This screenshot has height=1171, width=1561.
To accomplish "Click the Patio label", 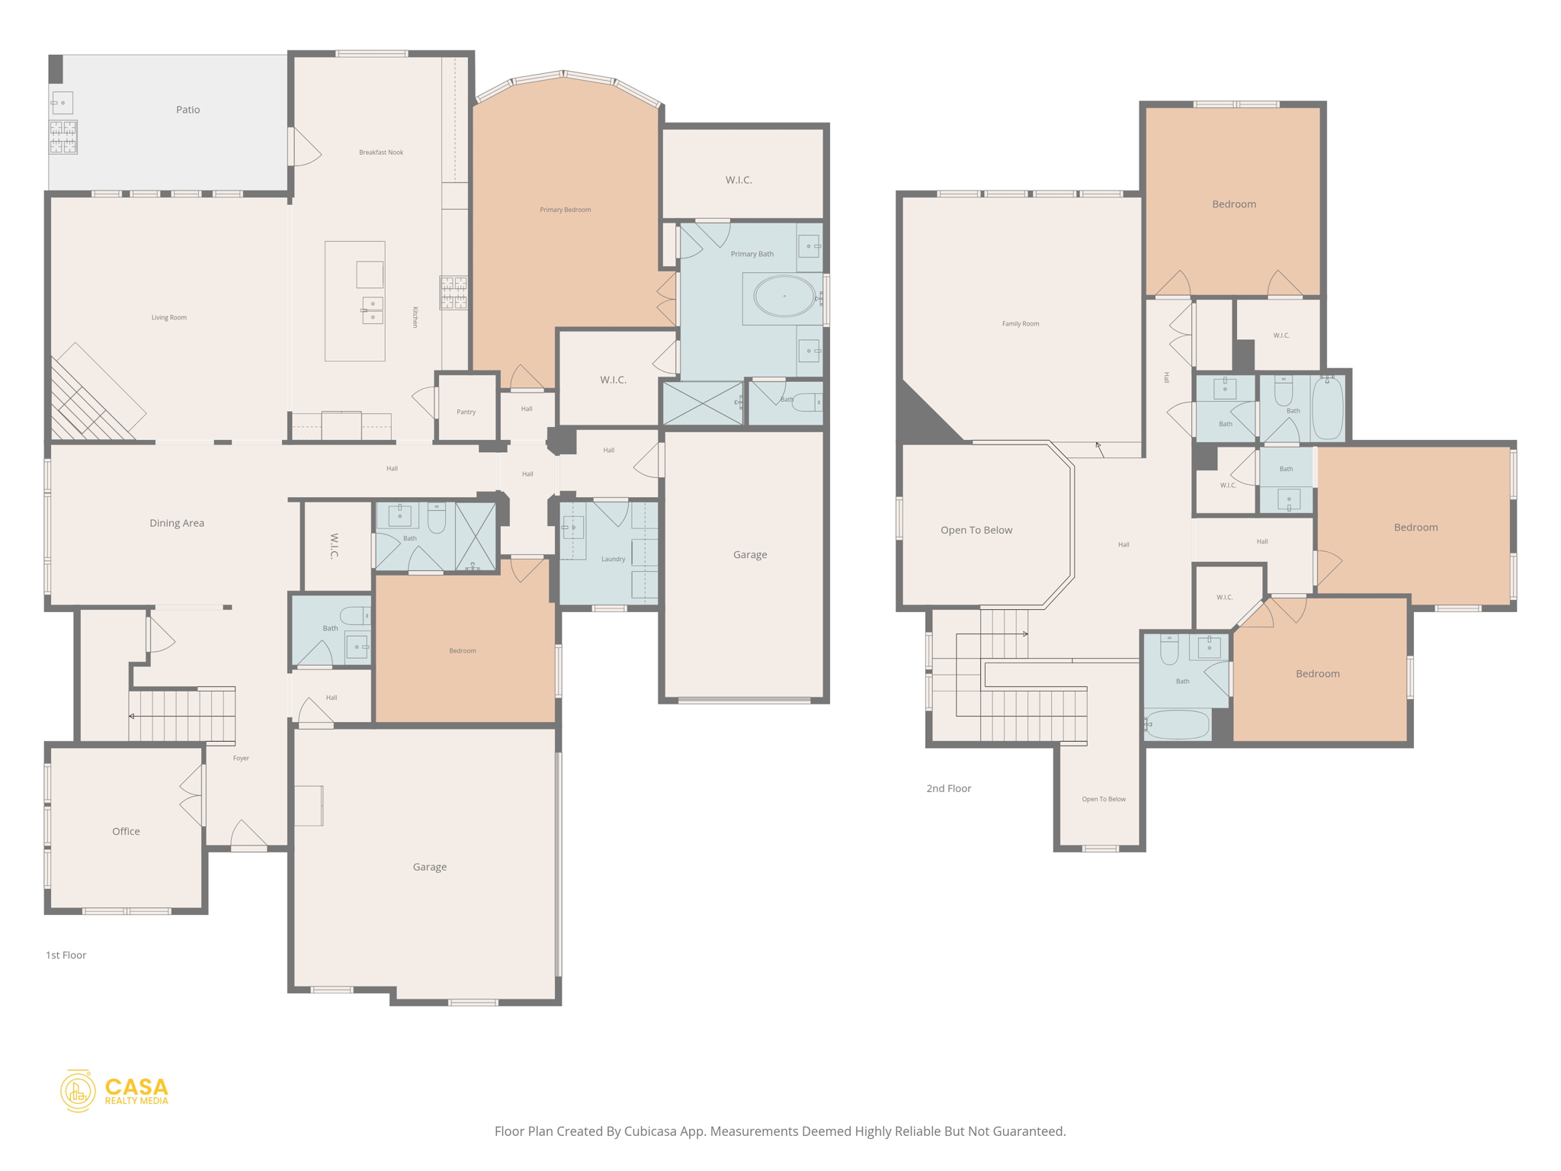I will tap(188, 110).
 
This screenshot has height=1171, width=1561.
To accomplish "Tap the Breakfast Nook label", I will tap(381, 152).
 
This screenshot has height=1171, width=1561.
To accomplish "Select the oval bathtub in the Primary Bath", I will tap(784, 296).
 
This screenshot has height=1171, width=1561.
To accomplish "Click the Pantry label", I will tap(466, 412).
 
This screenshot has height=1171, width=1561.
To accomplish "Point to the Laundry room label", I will tap(613, 559).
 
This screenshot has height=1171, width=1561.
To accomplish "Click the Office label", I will tap(126, 831).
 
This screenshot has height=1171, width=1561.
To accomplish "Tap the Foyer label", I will tap(241, 758).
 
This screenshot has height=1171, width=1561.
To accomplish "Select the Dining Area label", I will tap(177, 523).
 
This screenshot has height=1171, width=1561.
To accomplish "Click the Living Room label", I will tap(168, 317).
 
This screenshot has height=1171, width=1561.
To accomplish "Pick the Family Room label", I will tap(1020, 323).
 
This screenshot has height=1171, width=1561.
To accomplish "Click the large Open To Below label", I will tap(976, 530).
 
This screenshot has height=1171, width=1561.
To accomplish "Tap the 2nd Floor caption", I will tap(948, 788).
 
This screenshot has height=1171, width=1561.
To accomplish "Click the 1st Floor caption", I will tap(66, 955).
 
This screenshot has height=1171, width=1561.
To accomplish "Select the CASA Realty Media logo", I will tap(114, 1091).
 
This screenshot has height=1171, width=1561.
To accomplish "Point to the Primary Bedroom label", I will tap(565, 210).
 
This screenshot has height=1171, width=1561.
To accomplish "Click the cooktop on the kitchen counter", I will tap(454, 293).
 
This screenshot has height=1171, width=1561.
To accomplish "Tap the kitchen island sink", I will tap(372, 311).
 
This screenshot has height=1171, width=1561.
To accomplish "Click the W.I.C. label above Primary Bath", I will tap(738, 180).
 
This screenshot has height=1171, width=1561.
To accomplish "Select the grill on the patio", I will tap(63, 137).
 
